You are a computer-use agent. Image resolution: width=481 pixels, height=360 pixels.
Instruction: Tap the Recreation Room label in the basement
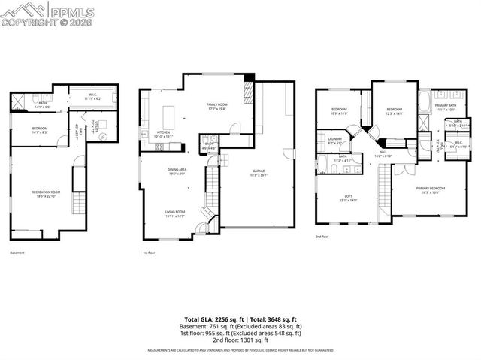coord(46,194)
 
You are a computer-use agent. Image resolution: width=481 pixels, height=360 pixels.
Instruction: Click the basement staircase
coord(76,180)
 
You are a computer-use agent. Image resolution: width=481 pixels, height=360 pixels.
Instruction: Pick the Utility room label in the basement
coord(94,128)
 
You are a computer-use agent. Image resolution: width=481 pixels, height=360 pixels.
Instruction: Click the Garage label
coord(258,176)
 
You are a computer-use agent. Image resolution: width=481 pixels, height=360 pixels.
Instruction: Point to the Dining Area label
coord(177,171)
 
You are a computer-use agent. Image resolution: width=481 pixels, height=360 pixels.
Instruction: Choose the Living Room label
coord(176,213)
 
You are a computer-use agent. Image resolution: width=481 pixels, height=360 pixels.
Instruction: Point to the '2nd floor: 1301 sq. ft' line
coord(240,339)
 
